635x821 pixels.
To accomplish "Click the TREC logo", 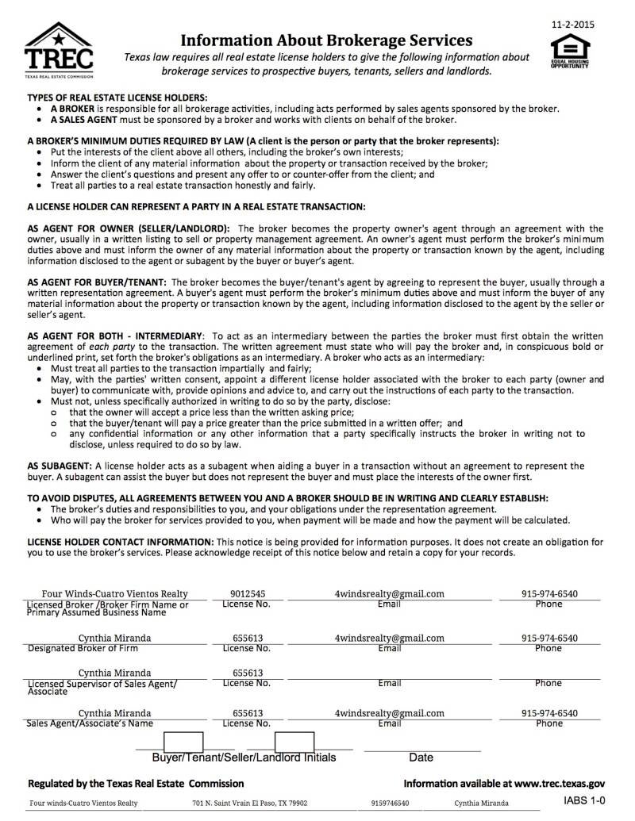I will pos(59,52).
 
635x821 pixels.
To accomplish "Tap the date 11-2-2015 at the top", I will pos(572,25).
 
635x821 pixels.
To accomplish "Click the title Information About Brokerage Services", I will pos(326,40).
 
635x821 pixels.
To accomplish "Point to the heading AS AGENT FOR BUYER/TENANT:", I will pos(97,282).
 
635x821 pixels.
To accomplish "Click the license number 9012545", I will pos(248,594).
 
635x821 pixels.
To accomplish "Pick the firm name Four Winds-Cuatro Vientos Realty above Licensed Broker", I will pos(114,594).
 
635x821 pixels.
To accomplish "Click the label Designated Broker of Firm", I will pos(83,648).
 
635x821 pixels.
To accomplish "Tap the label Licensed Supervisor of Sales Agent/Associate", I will pos(102,687).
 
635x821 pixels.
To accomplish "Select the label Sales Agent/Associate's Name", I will pos(90,723).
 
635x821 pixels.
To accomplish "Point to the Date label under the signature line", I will pos(421,758).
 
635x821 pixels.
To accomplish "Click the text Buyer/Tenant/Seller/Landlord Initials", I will pos(244,758).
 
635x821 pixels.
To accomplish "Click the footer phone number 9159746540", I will pos(390,803).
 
